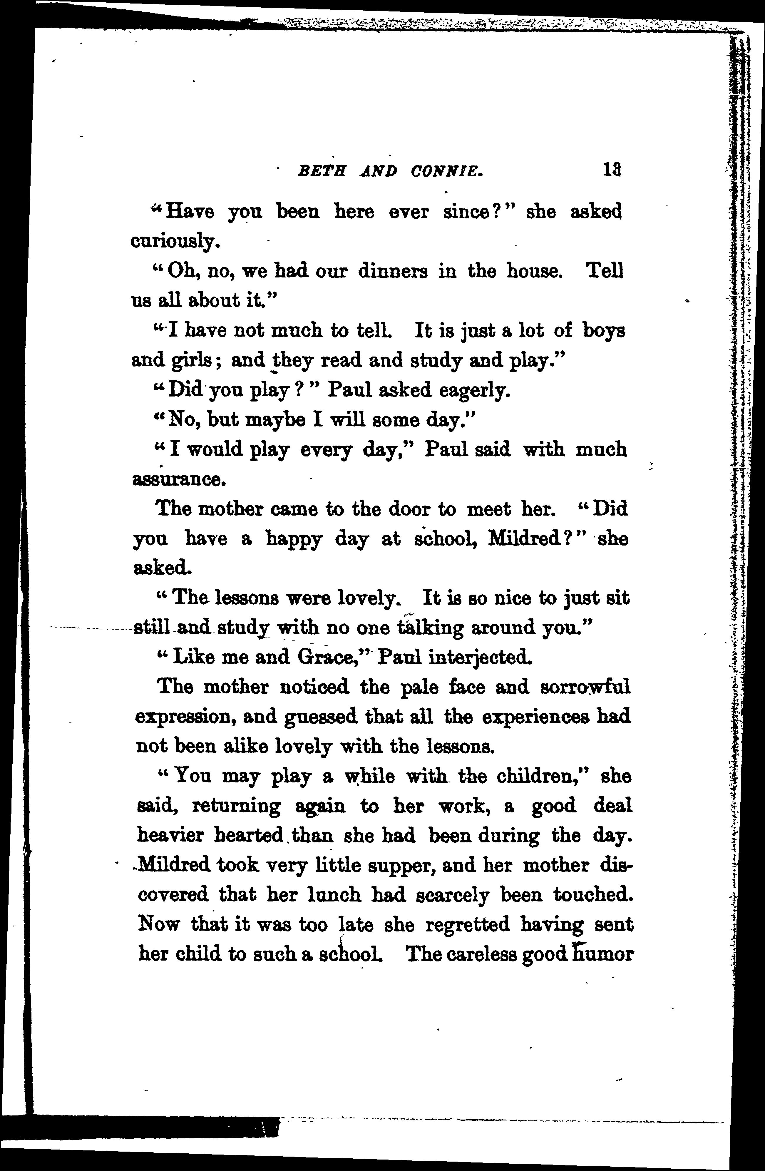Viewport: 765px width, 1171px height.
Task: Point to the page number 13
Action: [x=612, y=170]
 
